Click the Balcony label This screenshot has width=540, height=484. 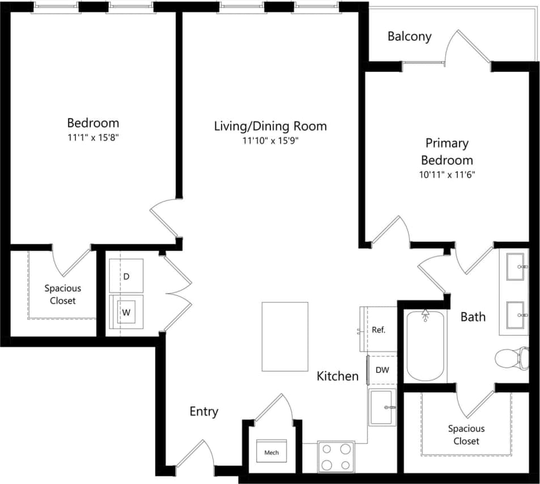409,36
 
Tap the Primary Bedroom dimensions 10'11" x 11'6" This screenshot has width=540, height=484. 447,175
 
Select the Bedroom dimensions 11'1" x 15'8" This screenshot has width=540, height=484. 93,137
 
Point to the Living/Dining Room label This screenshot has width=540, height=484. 270,126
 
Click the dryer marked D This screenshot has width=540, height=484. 126,276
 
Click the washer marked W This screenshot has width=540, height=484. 126,311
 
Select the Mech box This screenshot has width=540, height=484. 271,453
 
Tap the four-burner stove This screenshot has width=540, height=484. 335,457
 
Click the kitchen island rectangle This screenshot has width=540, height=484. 285,335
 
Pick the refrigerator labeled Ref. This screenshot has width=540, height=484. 379,329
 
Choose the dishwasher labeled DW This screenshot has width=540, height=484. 382,370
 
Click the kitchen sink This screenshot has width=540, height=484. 383,407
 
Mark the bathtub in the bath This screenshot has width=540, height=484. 426,346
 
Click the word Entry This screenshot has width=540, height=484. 203,412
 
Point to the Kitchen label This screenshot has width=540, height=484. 337,376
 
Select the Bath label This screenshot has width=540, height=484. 473,316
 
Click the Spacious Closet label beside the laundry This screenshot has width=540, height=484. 62,294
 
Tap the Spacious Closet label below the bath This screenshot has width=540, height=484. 466,435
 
